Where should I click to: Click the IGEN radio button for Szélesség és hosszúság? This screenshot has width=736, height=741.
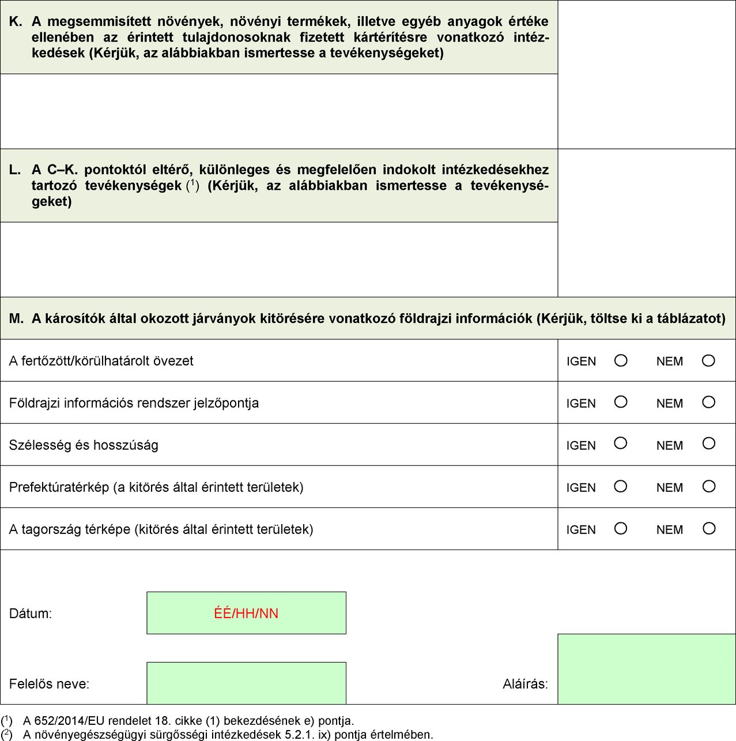click(x=621, y=443)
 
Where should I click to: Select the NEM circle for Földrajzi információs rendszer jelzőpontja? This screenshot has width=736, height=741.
click(x=708, y=402)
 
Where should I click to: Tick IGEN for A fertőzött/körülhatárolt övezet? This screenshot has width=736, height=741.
click(x=621, y=360)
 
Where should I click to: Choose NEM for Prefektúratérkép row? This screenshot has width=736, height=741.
click(x=708, y=486)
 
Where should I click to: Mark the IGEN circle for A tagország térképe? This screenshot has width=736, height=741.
click(x=621, y=528)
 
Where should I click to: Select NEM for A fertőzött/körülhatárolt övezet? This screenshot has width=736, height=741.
click(x=708, y=360)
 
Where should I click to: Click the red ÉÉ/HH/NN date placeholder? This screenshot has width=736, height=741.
click(x=246, y=613)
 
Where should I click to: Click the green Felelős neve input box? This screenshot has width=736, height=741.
click(x=246, y=683)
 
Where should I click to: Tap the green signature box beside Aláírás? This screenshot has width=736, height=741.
click(x=646, y=669)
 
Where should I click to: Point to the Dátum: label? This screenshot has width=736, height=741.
click(x=31, y=614)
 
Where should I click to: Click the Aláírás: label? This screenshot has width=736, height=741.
click(x=525, y=684)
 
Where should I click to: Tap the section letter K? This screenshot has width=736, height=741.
click(x=16, y=22)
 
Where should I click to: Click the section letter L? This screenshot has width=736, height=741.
click(x=15, y=170)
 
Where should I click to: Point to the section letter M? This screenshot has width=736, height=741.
click(x=16, y=318)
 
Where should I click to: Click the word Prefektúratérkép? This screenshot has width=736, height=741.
click(x=59, y=487)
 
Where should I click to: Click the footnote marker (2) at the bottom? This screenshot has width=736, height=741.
click(x=7, y=734)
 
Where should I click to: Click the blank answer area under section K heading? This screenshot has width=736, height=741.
click(x=279, y=111)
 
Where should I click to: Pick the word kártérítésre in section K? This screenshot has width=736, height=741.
click(x=392, y=37)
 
